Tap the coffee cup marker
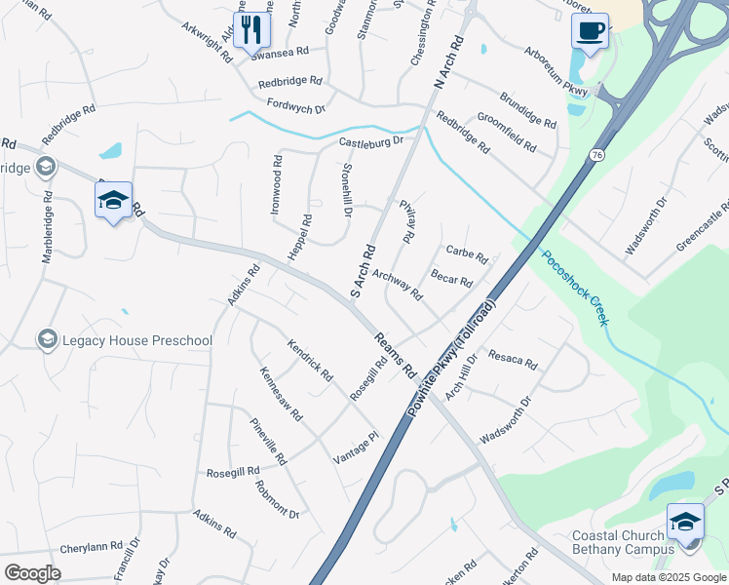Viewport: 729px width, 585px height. (590, 30)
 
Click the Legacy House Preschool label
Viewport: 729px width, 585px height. (137, 340)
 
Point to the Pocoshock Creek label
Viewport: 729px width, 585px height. (574, 289)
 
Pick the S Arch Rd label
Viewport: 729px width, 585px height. (363, 270)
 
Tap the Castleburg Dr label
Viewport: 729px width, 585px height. (371, 143)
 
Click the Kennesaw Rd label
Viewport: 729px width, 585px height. (282, 394)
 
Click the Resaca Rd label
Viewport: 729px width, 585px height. (513, 359)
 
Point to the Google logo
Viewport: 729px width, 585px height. (32, 572)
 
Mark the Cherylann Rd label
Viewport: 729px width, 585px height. (91, 546)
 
